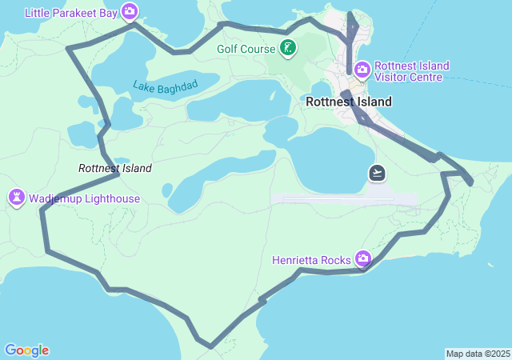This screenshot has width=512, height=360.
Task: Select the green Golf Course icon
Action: pos(288,49)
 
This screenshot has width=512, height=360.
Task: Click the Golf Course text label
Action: pos(246,49)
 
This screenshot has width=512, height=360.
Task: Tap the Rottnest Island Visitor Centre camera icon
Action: pos(362,70)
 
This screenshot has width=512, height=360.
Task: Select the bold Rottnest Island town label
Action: pos(349,102)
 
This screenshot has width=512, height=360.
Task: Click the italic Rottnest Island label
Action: pos(114,168)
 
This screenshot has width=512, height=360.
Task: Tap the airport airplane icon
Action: pos(377,172)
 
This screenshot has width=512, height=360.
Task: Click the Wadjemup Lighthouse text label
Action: pos(85,198)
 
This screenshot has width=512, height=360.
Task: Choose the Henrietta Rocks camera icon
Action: pos(363,258)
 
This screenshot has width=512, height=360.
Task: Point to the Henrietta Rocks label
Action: pos(311,260)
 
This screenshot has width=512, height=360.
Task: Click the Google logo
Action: pos(26,350)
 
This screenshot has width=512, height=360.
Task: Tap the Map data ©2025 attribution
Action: pos(478,354)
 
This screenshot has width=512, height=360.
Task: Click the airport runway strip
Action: pos(344,198)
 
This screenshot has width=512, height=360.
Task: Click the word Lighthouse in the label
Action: pos(112,198)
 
